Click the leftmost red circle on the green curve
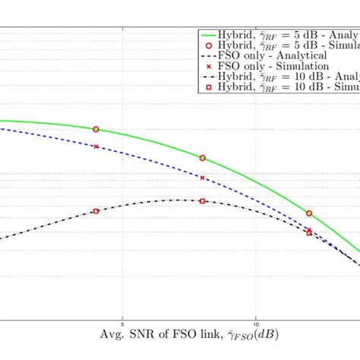pos(96,130)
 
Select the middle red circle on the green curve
pos(202,158)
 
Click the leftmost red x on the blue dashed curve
pos(96,147)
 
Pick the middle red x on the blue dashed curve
pos(202,178)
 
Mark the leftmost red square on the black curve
pos(96,211)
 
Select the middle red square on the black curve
pos(202,201)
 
